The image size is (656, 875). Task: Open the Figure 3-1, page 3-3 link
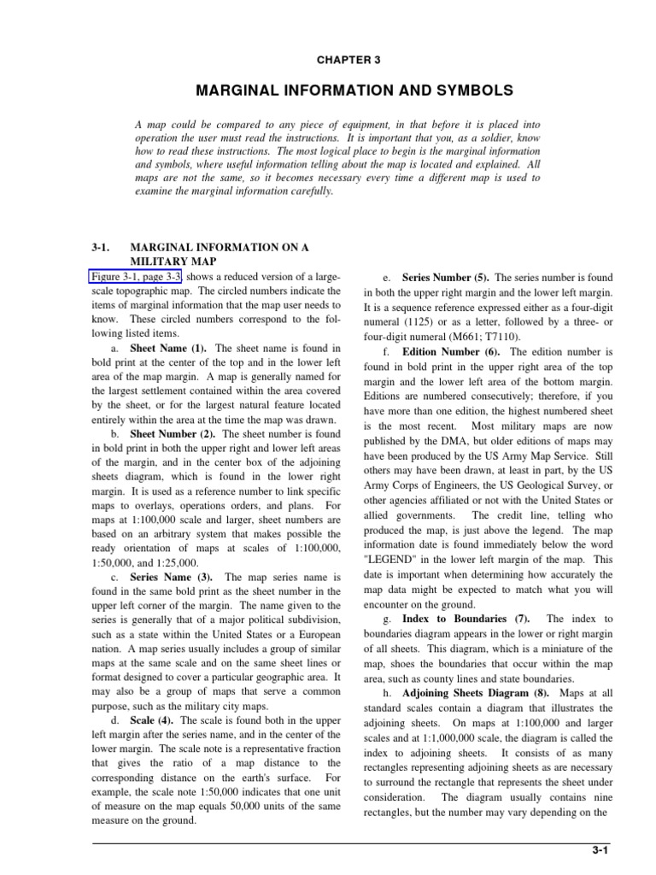(x=135, y=278)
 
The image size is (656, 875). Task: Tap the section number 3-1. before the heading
(x=102, y=247)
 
